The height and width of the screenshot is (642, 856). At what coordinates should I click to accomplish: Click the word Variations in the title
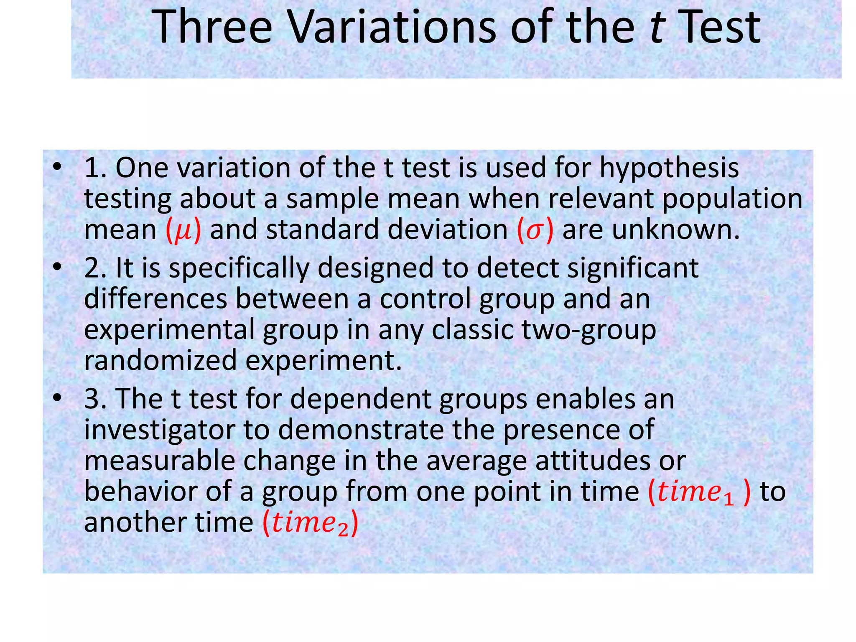point(391,28)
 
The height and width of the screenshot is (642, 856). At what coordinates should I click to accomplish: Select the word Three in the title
point(212,28)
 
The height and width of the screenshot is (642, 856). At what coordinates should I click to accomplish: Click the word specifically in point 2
point(239,269)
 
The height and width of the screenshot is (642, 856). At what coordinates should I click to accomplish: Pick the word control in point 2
point(425,299)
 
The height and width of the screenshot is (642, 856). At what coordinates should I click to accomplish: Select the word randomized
point(160,361)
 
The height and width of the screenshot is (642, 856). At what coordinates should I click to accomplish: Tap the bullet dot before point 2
point(57,267)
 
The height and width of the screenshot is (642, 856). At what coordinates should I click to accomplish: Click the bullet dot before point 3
point(57,397)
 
